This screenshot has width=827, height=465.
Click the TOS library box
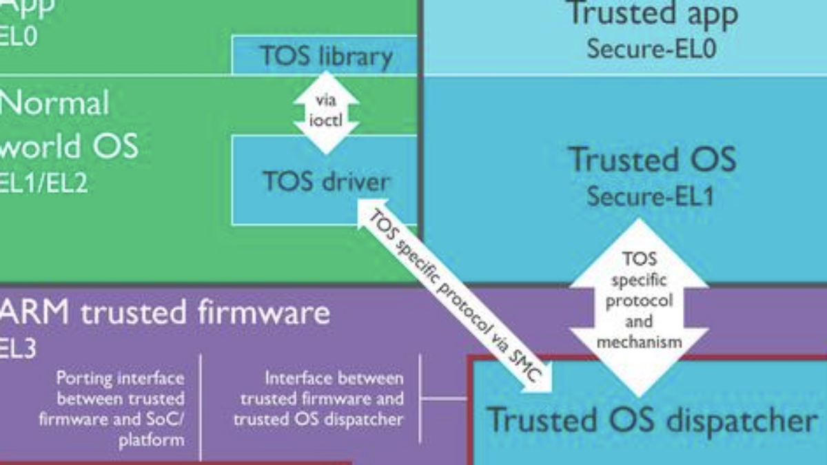pyautogui.click(x=325, y=56)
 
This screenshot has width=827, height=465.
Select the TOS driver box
pyautogui.click(x=325, y=181)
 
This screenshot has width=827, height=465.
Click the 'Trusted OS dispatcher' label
pyautogui.click(x=652, y=420)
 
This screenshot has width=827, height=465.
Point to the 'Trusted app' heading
pyautogui.click(x=651, y=14)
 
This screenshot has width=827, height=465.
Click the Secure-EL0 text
pyautogui.click(x=651, y=48)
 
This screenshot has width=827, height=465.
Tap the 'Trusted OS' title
pyautogui.click(x=652, y=160)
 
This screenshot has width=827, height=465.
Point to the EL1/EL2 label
pyautogui.click(x=43, y=183)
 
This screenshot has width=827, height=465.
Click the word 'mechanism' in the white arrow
pyautogui.click(x=639, y=341)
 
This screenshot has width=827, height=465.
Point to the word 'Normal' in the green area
pyautogui.click(x=54, y=104)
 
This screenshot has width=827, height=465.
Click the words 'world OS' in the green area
pyautogui.click(x=69, y=146)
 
